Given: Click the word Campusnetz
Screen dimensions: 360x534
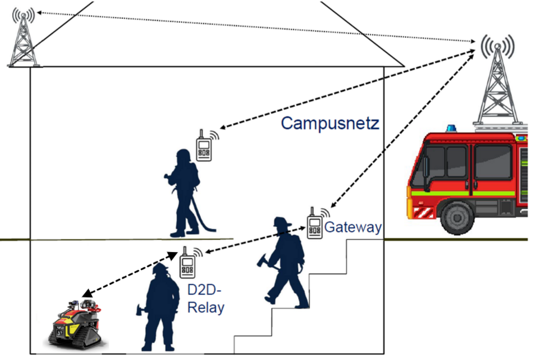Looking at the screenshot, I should tap(330, 123).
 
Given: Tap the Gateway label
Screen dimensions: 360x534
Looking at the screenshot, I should tap(353, 227).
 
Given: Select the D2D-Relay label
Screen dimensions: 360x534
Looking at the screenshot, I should tap(206, 298).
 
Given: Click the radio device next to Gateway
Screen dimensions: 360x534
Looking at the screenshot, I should tap(315, 224).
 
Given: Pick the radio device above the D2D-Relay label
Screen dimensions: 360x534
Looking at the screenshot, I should tap(187, 263).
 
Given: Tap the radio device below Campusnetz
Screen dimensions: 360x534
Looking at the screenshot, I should tap(204, 146).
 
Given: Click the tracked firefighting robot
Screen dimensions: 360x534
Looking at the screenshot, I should tap(76, 323).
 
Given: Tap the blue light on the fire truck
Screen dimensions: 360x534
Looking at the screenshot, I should tap(450, 129).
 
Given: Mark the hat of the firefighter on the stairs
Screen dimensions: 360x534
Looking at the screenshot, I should tap(282, 221).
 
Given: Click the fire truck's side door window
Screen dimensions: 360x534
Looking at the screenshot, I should tap(492, 161).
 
